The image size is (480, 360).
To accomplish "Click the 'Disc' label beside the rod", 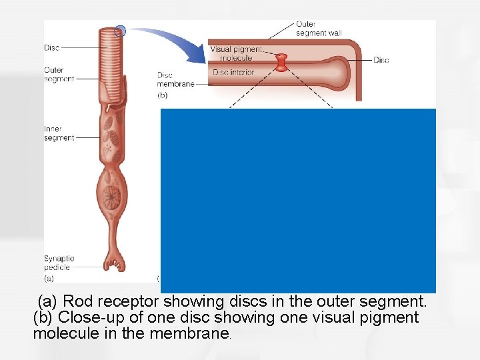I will [52, 47].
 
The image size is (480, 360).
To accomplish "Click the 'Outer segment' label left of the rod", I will [54, 74].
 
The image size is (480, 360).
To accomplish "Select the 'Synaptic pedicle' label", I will [59, 263].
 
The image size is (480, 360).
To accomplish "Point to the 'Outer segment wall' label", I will [318, 29].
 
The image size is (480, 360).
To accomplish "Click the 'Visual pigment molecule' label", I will [236, 53].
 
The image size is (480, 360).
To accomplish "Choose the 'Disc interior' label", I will [233, 72].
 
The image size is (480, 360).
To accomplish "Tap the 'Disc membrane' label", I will [175, 80].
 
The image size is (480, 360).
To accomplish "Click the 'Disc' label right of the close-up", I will [381, 60].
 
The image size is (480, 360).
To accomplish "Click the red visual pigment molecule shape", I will [282, 63].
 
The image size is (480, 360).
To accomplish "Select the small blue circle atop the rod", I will [120, 30].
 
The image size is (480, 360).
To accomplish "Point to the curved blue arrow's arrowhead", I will [200, 56].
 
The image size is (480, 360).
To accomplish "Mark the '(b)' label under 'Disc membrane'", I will [163, 95].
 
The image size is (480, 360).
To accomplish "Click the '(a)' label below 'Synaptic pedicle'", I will [49, 279].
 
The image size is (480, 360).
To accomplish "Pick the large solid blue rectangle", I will [298, 200].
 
